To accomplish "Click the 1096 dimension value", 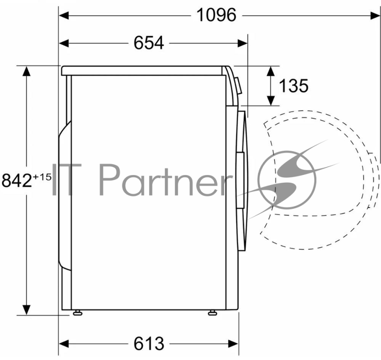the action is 216,15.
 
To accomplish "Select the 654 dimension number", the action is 149,43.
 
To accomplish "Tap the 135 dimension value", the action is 293,86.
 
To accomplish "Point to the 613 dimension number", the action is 149,344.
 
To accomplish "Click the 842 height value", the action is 17,180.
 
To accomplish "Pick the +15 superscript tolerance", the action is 42,177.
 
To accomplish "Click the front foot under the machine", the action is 212,313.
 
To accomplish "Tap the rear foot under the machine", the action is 78,313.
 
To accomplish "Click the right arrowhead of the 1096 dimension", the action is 375,16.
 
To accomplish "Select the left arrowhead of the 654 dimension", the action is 64,43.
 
